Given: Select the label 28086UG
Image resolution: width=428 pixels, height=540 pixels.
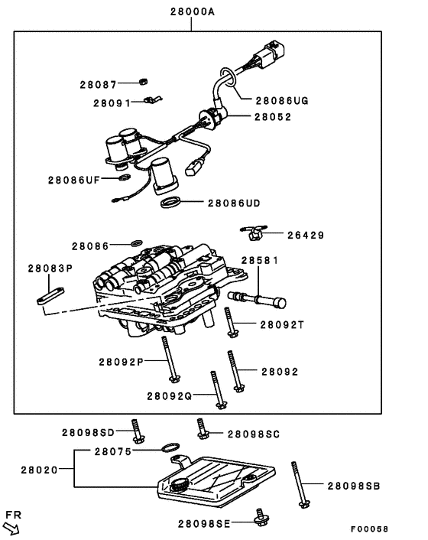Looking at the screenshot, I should (282, 99).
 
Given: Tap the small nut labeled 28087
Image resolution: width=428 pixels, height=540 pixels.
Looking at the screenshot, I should (142, 82).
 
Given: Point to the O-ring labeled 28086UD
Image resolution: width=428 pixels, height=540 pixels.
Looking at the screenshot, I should (172, 203).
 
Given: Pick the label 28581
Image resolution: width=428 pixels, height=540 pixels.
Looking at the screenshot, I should (261, 260).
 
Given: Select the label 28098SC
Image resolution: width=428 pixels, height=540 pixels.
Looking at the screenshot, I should (254, 434).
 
